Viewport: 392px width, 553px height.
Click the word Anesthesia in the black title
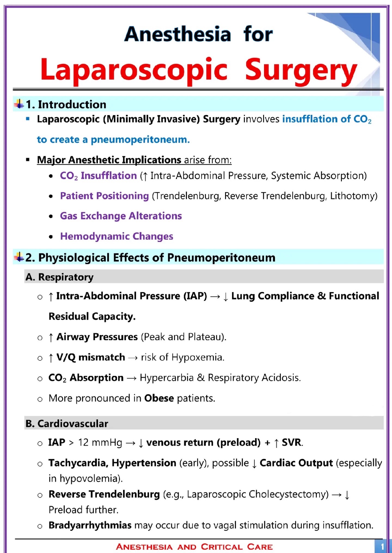(177, 34)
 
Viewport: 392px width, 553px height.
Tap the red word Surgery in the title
(301, 70)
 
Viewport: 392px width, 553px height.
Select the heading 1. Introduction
(66, 105)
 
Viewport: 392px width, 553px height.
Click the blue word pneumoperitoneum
(140, 140)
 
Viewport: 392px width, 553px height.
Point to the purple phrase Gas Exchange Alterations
(121, 216)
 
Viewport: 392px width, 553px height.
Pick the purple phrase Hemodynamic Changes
(117, 236)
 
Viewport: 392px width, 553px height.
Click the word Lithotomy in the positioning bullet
(353, 196)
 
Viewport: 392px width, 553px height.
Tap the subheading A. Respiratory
(59, 277)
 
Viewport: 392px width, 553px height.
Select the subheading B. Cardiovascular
(67, 423)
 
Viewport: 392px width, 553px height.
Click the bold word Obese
(159, 398)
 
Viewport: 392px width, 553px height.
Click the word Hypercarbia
(167, 378)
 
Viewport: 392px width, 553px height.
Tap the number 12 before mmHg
(83, 443)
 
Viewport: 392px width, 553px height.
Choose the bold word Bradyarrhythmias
(90, 525)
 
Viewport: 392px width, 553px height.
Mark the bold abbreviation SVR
(292, 443)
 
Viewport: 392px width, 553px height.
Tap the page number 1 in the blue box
(382, 546)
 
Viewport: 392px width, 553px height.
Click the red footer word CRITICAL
(222, 547)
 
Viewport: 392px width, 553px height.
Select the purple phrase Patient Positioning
(105, 196)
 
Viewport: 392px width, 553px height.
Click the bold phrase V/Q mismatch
(91, 357)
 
